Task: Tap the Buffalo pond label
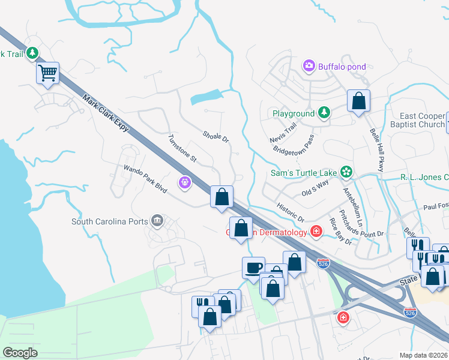(x=342, y=66)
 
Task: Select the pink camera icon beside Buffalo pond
(x=309, y=65)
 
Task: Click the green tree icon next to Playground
(x=324, y=112)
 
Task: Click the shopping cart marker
(x=47, y=74)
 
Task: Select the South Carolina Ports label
(x=109, y=221)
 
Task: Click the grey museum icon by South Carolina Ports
(x=157, y=221)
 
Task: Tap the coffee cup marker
(x=253, y=268)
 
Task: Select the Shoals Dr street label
(x=216, y=137)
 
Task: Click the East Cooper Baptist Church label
(x=423, y=120)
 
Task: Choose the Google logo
(x=20, y=353)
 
